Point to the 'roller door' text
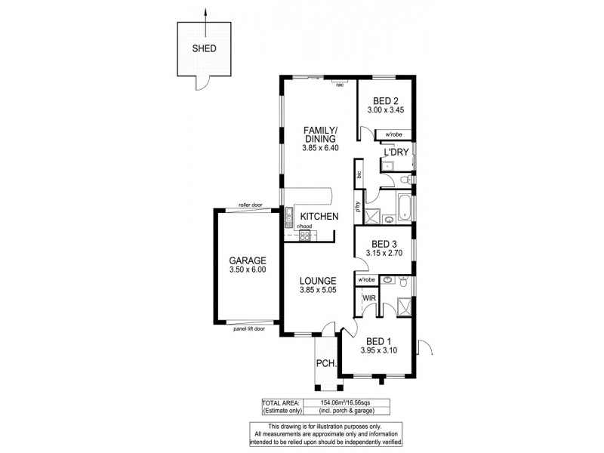click(249, 205)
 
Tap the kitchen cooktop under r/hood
click(306, 236)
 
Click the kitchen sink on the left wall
click(289, 219)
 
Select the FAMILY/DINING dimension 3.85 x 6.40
click(319, 148)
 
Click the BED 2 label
click(385, 101)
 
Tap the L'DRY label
click(396, 153)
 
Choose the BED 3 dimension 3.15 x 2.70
click(384, 254)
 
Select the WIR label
click(370, 298)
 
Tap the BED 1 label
click(378, 340)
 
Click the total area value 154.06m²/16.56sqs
click(350, 403)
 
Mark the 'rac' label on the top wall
click(340, 85)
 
